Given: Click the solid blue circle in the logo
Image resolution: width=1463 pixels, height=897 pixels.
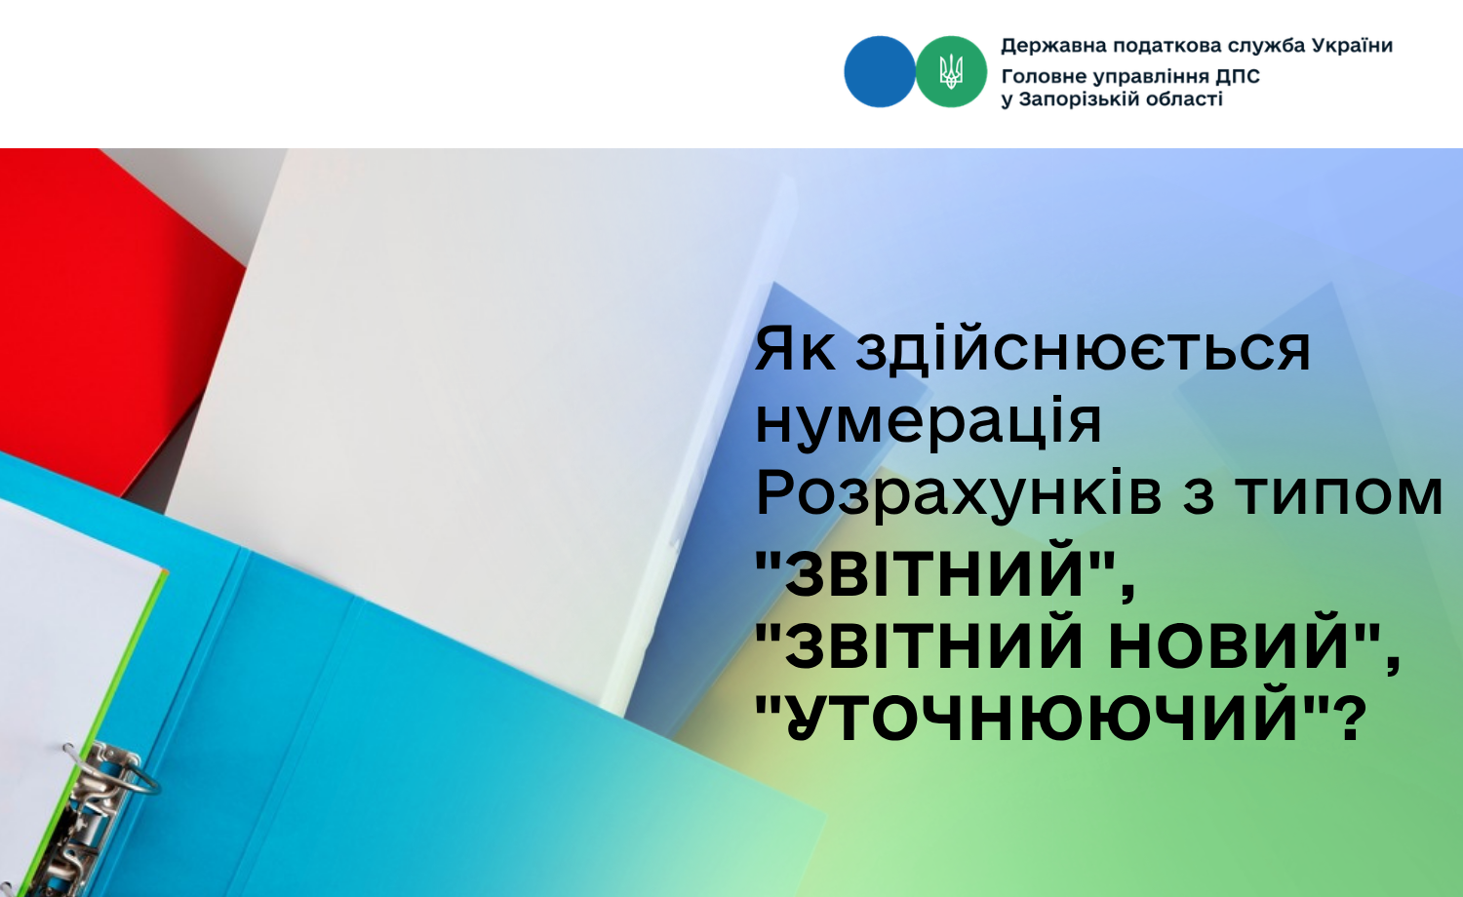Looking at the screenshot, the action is point(879,71).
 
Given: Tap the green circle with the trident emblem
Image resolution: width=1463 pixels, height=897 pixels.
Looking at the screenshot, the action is point(951,71).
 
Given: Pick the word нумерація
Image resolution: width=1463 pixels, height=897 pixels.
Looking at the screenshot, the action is point(929,422).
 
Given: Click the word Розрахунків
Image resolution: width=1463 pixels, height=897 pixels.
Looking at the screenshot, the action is point(959,494).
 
